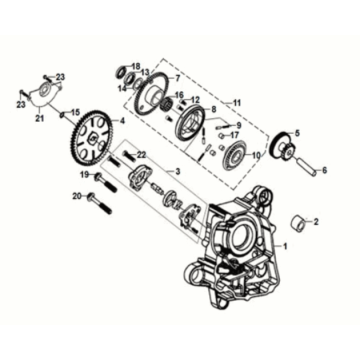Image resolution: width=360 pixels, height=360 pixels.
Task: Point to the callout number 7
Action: tap(177, 78)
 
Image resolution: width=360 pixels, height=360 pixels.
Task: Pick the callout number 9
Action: tap(239, 124)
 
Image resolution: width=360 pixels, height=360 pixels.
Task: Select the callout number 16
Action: tap(181, 96)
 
